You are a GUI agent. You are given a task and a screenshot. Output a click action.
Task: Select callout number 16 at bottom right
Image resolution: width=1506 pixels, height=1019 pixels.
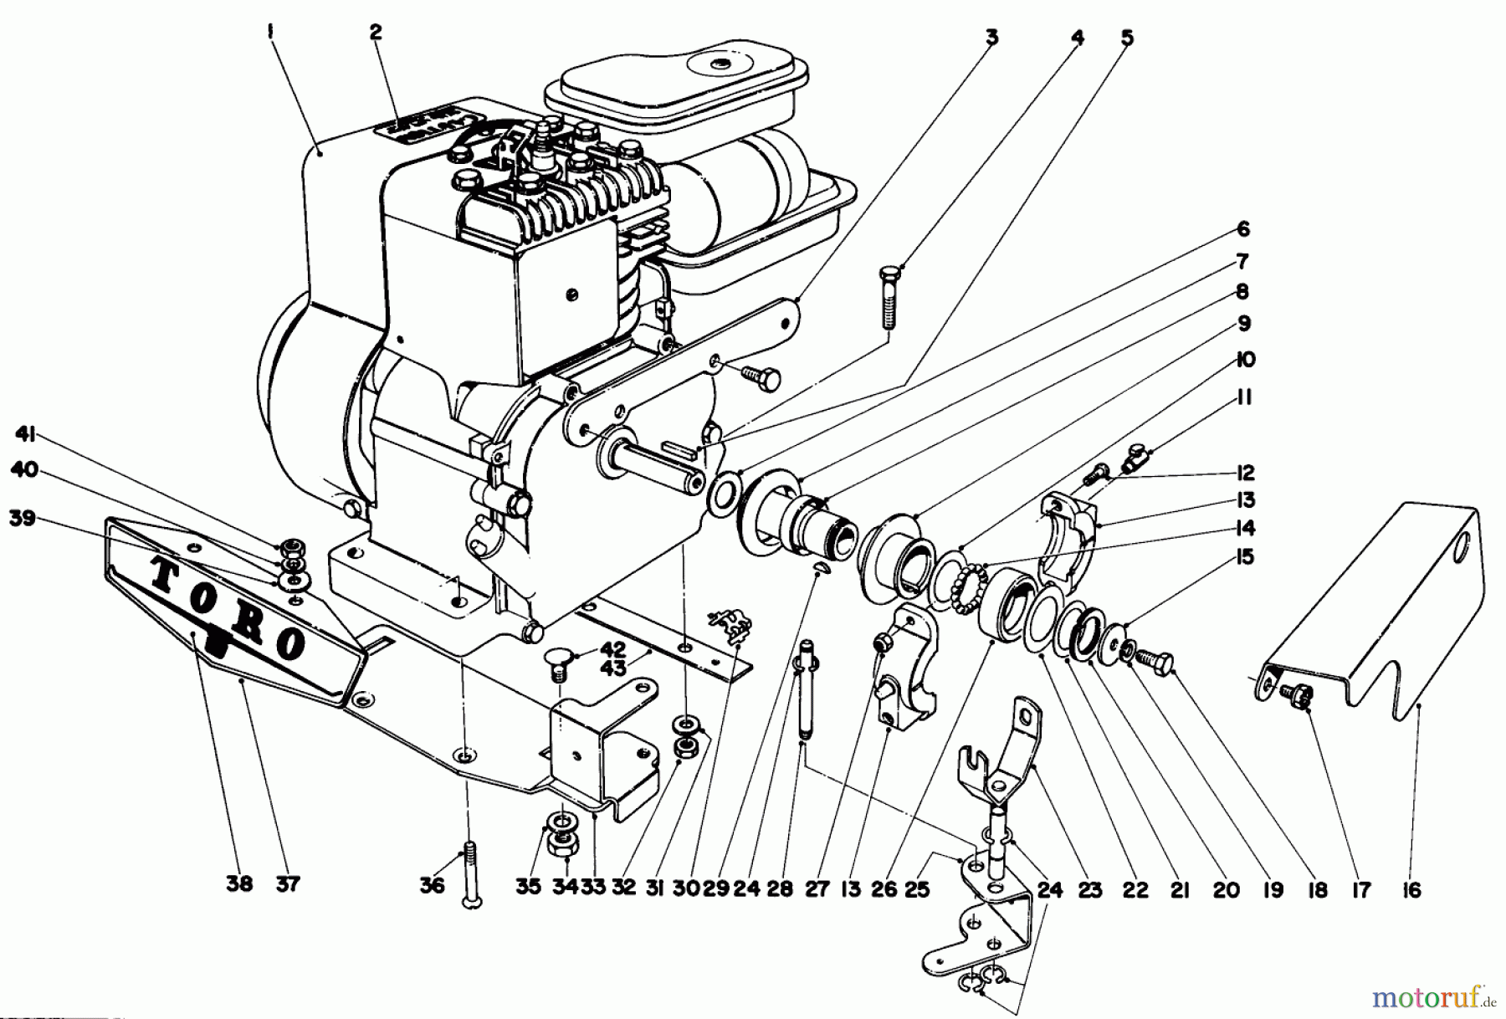(x=1411, y=890)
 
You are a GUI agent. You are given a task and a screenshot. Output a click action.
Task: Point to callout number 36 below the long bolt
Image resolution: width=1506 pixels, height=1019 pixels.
(x=432, y=885)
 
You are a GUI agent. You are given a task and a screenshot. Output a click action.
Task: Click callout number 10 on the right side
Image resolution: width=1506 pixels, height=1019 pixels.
(x=1245, y=360)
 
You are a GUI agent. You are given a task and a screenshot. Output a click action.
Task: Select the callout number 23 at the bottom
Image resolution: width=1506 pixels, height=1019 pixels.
(x=1090, y=890)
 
